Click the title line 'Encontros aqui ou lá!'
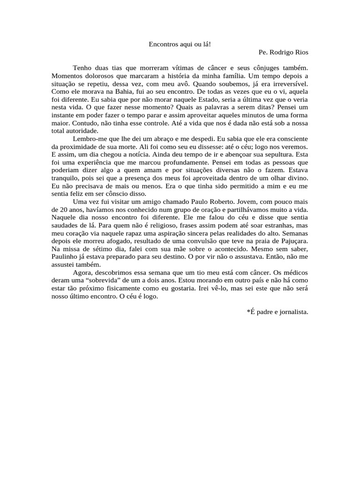click(180, 44)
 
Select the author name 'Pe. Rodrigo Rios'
click(283, 52)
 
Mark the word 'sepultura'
click(282, 154)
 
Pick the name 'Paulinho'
click(65, 257)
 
